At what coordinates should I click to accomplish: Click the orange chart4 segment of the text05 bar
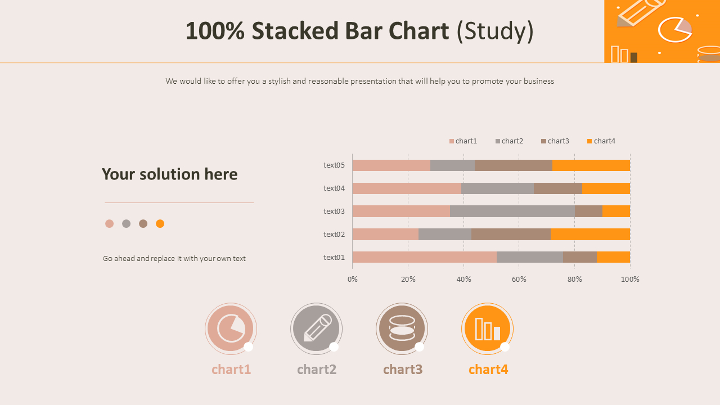(x=591, y=165)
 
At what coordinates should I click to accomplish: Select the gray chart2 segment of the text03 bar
(x=512, y=211)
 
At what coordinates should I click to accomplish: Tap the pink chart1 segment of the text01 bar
(x=424, y=257)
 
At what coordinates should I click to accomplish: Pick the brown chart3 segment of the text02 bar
(x=511, y=235)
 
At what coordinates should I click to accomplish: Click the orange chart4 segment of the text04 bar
(x=606, y=188)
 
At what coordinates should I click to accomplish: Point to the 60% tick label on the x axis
(x=519, y=280)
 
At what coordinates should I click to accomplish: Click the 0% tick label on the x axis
(x=353, y=280)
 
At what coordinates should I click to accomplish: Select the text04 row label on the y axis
(x=334, y=188)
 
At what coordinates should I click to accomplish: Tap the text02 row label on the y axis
(x=334, y=235)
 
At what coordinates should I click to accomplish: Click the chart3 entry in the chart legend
(x=555, y=141)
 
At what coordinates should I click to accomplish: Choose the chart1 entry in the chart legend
(x=463, y=141)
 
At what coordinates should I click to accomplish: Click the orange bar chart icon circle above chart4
(x=487, y=329)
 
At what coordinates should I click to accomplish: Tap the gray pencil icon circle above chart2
(x=316, y=329)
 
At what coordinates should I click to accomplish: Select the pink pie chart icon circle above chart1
(x=231, y=329)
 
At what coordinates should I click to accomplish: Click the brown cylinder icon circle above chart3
(x=402, y=329)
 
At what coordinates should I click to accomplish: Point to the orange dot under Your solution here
(x=160, y=224)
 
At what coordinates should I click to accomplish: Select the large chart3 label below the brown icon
(x=403, y=370)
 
